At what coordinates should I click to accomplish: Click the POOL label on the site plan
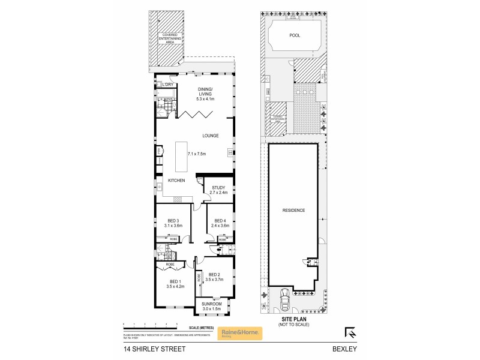coord(295,35)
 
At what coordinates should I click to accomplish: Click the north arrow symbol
coord(350,331)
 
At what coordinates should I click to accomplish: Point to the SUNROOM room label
coord(212,304)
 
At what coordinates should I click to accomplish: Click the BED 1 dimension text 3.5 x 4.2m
coord(175,286)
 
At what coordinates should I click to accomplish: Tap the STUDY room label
coord(218,187)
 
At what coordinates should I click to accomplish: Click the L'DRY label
coord(168,85)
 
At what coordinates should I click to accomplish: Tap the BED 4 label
coord(220,220)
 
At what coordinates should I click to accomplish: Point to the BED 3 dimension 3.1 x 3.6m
coord(173,226)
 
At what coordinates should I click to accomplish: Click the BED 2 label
coord(214,274)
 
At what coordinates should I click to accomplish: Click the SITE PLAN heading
coord(290,320)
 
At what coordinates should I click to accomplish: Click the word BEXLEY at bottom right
coord(344,349)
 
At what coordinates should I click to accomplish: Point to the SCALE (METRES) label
coord(200,328)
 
